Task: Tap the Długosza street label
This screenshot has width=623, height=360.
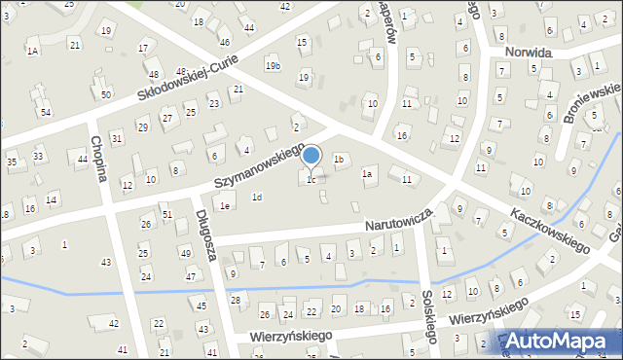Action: (x=204, y=233)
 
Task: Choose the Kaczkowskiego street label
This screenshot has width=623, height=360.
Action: (x=550, y=226)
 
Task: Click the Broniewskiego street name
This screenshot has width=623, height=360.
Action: (x=591, y=102)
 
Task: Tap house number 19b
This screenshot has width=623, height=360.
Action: (x=273, y=65)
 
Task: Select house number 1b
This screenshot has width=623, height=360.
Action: (x=339, y=159)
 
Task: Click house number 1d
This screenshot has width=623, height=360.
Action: (x=257, y=198)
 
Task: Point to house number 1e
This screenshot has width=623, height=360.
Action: (x=225, y=205)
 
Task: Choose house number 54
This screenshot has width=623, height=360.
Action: (x=46, y=113)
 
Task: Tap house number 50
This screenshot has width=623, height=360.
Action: (x=105, y=94)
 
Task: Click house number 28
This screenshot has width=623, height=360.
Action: (x=236, y=300)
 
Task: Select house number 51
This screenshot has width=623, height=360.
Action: (x=166, y=214)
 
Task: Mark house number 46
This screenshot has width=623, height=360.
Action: (x=225, y=43)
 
